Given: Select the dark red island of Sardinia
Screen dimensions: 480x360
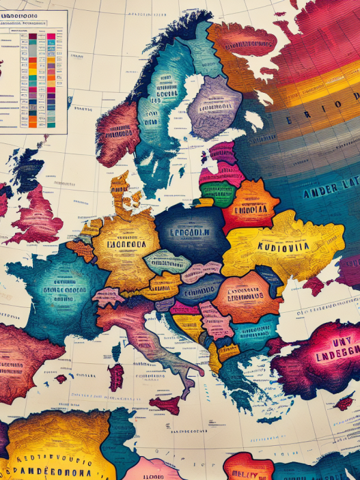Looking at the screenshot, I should [x=116, y=376].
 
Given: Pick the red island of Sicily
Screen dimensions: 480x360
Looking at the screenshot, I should [x=166, y=405].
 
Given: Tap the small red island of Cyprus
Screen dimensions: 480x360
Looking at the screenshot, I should [x=344, y=403].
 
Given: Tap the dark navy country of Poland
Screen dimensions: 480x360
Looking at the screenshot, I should [x=191, y=229].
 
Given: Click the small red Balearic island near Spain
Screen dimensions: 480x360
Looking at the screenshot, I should [x=61, y=378].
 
